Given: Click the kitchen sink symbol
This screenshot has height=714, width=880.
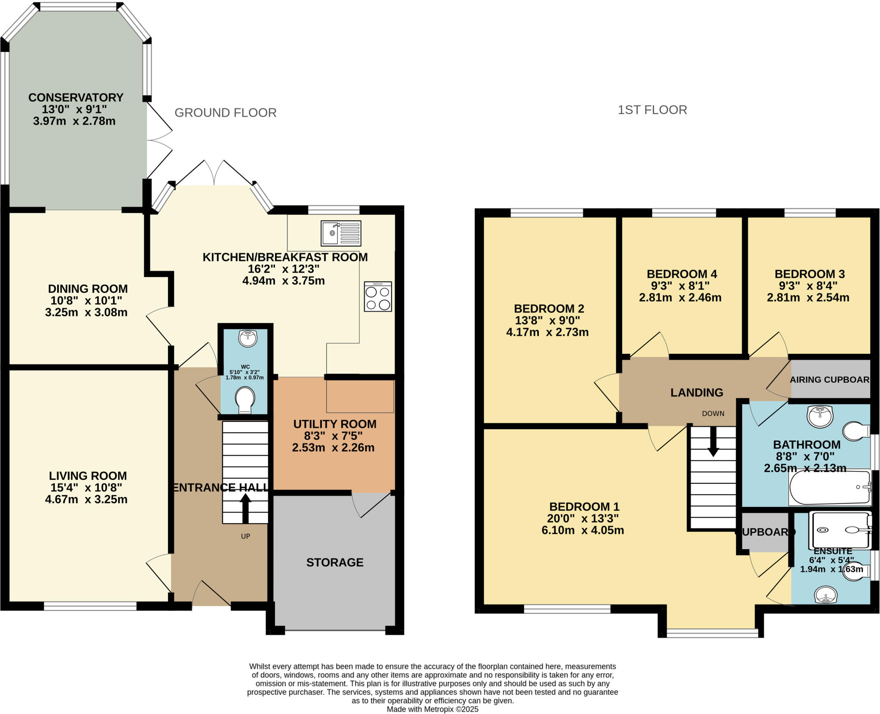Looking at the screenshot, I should (341, 233).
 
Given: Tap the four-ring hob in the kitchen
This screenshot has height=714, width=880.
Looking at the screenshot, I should (378, 296).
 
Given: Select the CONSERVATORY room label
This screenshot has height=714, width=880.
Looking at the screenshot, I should (76, 98).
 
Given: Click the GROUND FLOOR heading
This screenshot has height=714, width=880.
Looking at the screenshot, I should (225, 113).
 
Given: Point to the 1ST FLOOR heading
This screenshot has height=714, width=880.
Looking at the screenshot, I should (652, 110).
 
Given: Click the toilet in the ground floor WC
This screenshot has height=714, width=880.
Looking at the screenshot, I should (245, 400).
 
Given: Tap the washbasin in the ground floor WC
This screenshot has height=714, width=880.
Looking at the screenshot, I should (247, 338).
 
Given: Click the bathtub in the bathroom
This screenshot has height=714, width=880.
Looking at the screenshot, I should (829, 488).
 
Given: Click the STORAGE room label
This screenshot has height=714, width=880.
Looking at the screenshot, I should (335, 562).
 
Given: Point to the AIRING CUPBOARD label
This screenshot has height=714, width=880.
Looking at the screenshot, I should (829, 380).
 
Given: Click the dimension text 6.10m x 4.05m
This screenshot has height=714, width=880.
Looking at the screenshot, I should (583, 530).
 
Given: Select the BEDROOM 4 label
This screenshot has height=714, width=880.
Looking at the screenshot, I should (682, 274).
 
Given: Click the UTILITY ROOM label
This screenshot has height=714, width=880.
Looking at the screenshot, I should (335, 424).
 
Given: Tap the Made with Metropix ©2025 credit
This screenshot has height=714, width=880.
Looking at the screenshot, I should (432, 709).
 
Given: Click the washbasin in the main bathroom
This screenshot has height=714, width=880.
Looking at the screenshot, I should (820, 416).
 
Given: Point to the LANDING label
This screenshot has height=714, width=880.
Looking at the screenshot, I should (697, 392).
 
